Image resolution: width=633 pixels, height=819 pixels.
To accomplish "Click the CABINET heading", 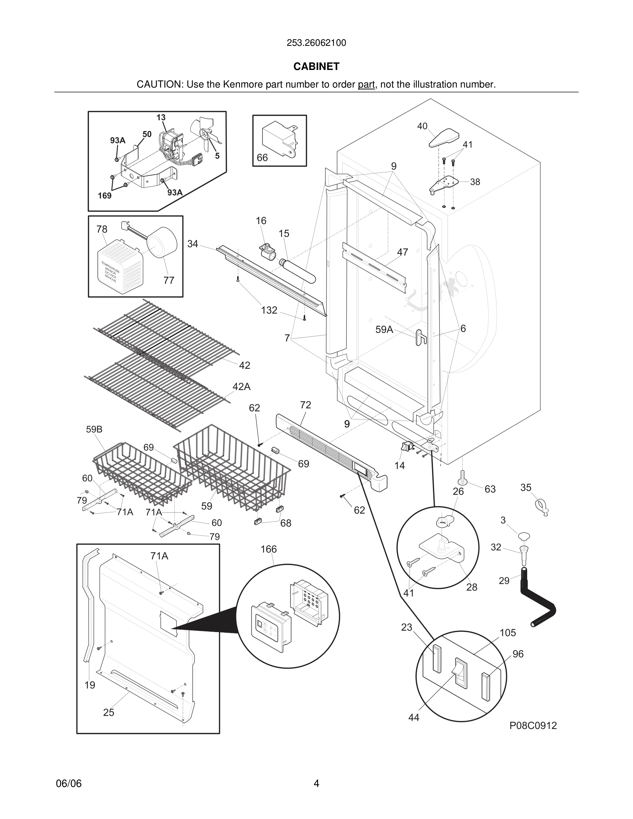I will (316, 67).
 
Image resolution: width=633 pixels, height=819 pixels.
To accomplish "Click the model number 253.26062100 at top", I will (316, 43).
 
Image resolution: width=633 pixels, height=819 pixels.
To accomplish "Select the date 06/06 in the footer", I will (69, 783).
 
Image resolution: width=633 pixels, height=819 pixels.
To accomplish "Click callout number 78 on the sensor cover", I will (102, 229).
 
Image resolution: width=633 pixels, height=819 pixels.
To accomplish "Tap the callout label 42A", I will (241, 387).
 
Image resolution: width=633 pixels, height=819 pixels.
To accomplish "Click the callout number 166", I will (269, 549).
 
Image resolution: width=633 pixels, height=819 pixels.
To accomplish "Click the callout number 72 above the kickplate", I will (305, 405).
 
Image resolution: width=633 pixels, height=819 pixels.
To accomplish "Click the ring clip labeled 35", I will (541, 507).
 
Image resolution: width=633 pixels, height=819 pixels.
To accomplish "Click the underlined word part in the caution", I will (366, 85).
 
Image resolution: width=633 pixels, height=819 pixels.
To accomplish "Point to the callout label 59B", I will (94, 429).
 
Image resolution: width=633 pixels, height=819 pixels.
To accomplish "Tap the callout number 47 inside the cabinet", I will (402, 252).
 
